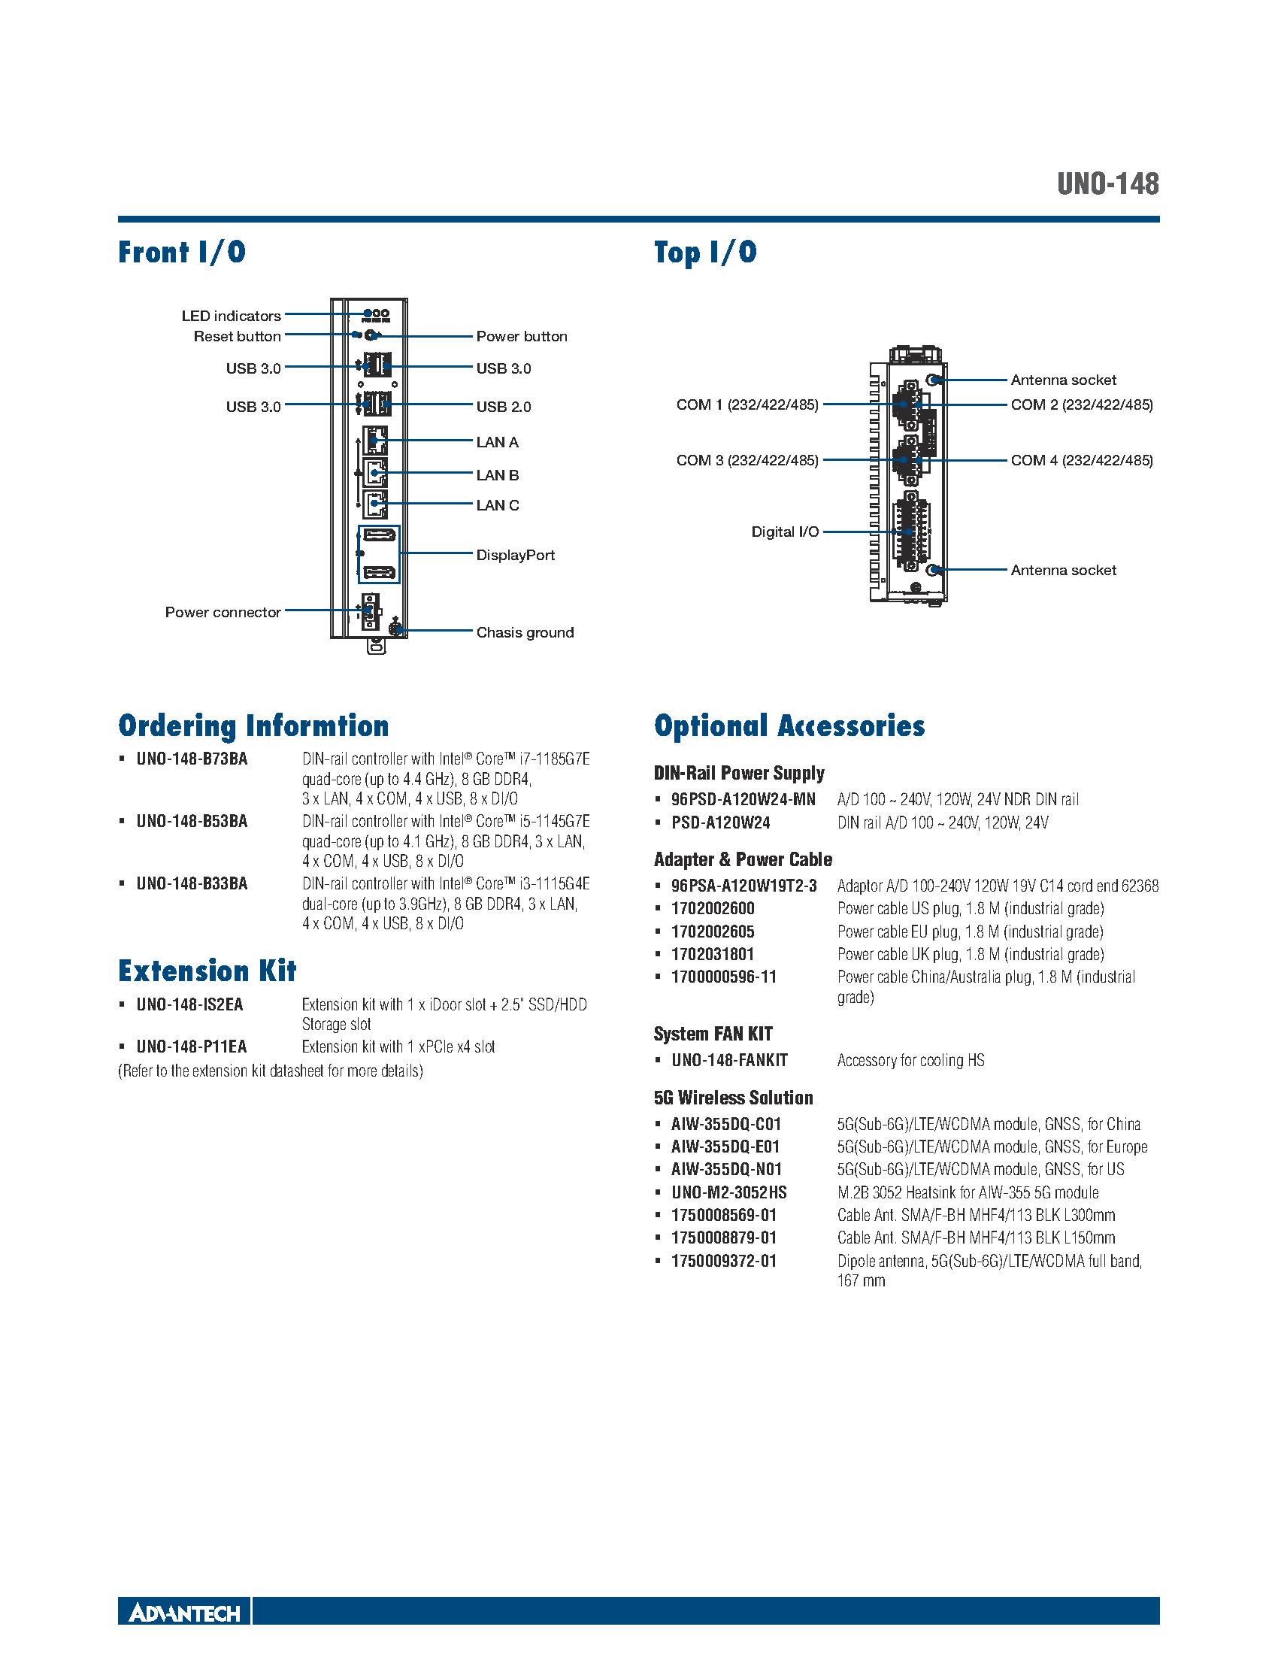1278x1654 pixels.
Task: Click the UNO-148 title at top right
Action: [x=1107, y=184]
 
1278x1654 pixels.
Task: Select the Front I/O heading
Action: [x=182, y=252]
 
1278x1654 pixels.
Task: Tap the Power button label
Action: [x=521, y=336]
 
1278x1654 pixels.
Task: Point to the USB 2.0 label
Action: [x=503, y=407]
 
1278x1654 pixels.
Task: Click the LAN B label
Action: [x=497, y=475]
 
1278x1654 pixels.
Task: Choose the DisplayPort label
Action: [x=515, y=555]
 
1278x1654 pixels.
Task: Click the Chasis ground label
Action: [x=524, y=632]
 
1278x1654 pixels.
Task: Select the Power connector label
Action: [x=223, y=612]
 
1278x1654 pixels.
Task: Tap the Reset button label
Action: [x=237, y=336]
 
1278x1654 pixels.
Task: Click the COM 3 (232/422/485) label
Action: [x=747, y=460]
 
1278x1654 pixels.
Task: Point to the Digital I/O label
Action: [x=784, y=532]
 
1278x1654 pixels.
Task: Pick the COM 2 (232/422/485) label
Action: [x=1081, y=404]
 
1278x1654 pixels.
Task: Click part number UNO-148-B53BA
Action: [x=192, y=822]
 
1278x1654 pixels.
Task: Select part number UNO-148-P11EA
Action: [x=192, y=1047]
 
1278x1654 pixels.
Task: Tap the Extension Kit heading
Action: [x=207, y=971]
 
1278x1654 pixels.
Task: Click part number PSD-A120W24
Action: [x=720, y=822]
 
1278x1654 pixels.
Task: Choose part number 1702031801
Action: [x=713, y=954]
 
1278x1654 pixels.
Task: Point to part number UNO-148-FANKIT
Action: [x=729, y=1060]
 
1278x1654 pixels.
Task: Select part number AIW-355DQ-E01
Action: [x=725, y=1147]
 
